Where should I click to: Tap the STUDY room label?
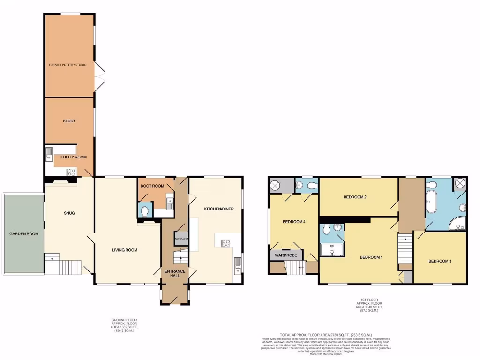tap(69, 121)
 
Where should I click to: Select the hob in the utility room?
tap(71, 172)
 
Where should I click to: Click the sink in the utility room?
tap(49, 154)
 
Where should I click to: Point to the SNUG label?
tap(69, 213)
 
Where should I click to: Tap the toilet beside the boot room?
tap(145, 211)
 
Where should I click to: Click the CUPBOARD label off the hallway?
tap(181, 239)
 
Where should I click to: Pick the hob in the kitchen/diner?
tap(225, 243)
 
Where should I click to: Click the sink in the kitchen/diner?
tap(238, 269)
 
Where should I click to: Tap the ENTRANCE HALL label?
tap(174, 273)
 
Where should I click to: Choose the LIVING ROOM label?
tap(125, 250)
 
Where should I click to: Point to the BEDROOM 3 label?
tap(440, 261)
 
